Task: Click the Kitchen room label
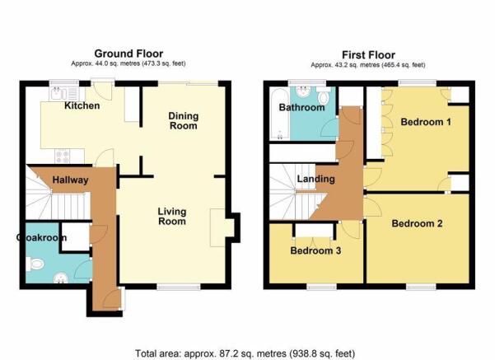point(82,105)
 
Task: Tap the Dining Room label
point(184,120)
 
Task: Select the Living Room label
point(172,216)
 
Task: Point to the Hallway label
point(70,180)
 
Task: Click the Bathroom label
point(301,107)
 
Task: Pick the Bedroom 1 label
point(426,122)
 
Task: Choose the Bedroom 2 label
point(417,223)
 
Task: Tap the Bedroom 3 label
point(315,250)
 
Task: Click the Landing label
point(316,179)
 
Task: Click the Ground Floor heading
point(128,54)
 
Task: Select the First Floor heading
point(368,55)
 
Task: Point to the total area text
point(245,353)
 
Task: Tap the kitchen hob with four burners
point(62,157)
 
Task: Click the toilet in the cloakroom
point(35,264)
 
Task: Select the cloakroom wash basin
point(61,278)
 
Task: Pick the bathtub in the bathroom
point(280,114)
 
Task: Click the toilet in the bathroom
point(323,95)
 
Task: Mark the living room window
point(179,287)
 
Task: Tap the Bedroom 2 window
point(421,287)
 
